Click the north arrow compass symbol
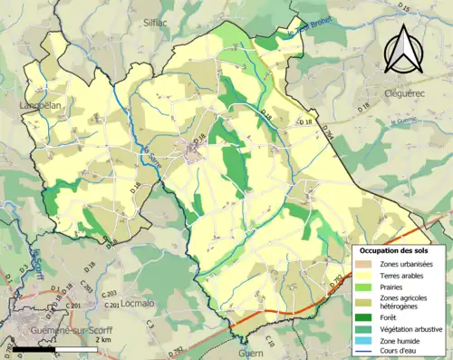pos(400,49)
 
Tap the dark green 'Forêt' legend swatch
pos(363,317)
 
